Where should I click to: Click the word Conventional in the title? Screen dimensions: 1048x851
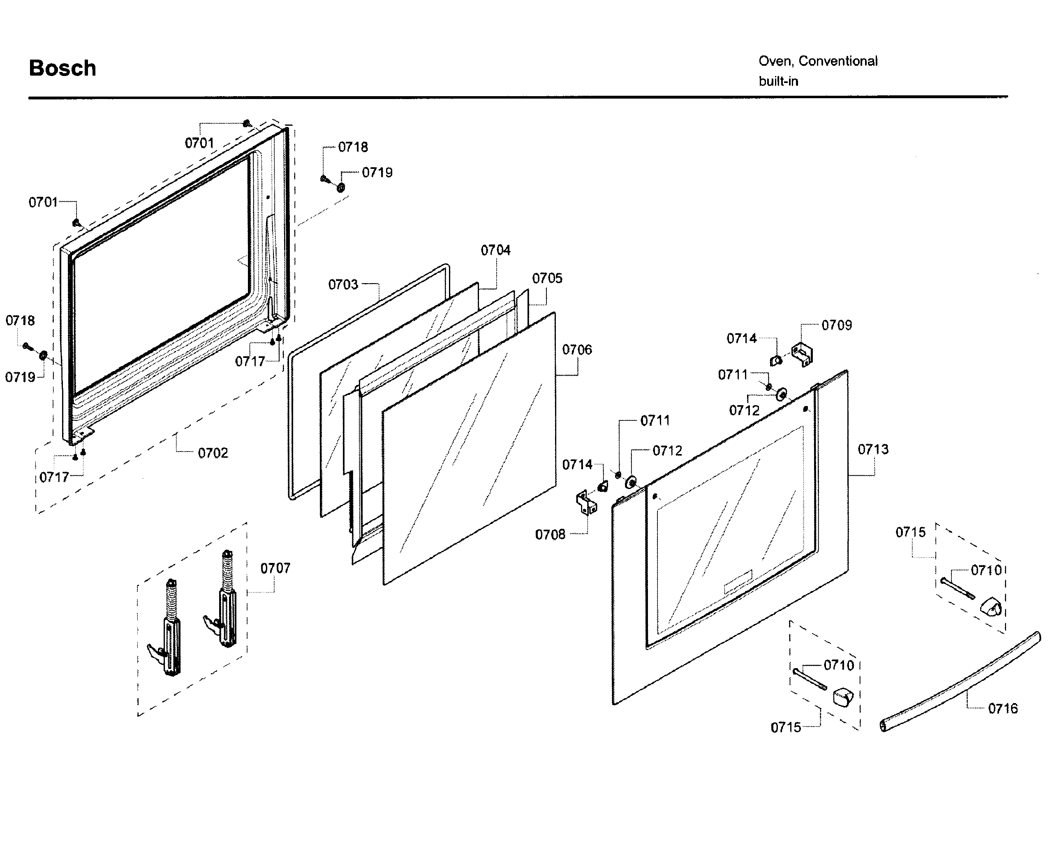click(x=837, y=61)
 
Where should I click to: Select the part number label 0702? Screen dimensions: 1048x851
click(x=213, y=453)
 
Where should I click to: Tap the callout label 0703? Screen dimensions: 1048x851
click(x=343, y=285)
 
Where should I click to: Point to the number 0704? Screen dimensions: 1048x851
click(x=495, y=251)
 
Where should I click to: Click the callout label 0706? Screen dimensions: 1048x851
click(x=577, y=350)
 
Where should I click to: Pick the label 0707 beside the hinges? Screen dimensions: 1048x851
click(x=275, y=569)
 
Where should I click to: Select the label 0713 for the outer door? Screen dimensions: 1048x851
click(x=873, y=450)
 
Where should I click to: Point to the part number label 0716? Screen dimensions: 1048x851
click(x=1002, y=709)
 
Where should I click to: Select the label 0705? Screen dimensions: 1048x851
click(x=547, y=279)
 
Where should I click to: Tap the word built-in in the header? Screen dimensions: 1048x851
click(x=778, y=81)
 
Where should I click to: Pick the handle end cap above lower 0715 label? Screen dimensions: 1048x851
click(x=843, y=696)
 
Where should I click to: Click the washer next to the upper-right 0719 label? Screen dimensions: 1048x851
click(x=340, y=187)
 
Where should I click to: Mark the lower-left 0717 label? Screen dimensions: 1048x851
click(x=54, y=477)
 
